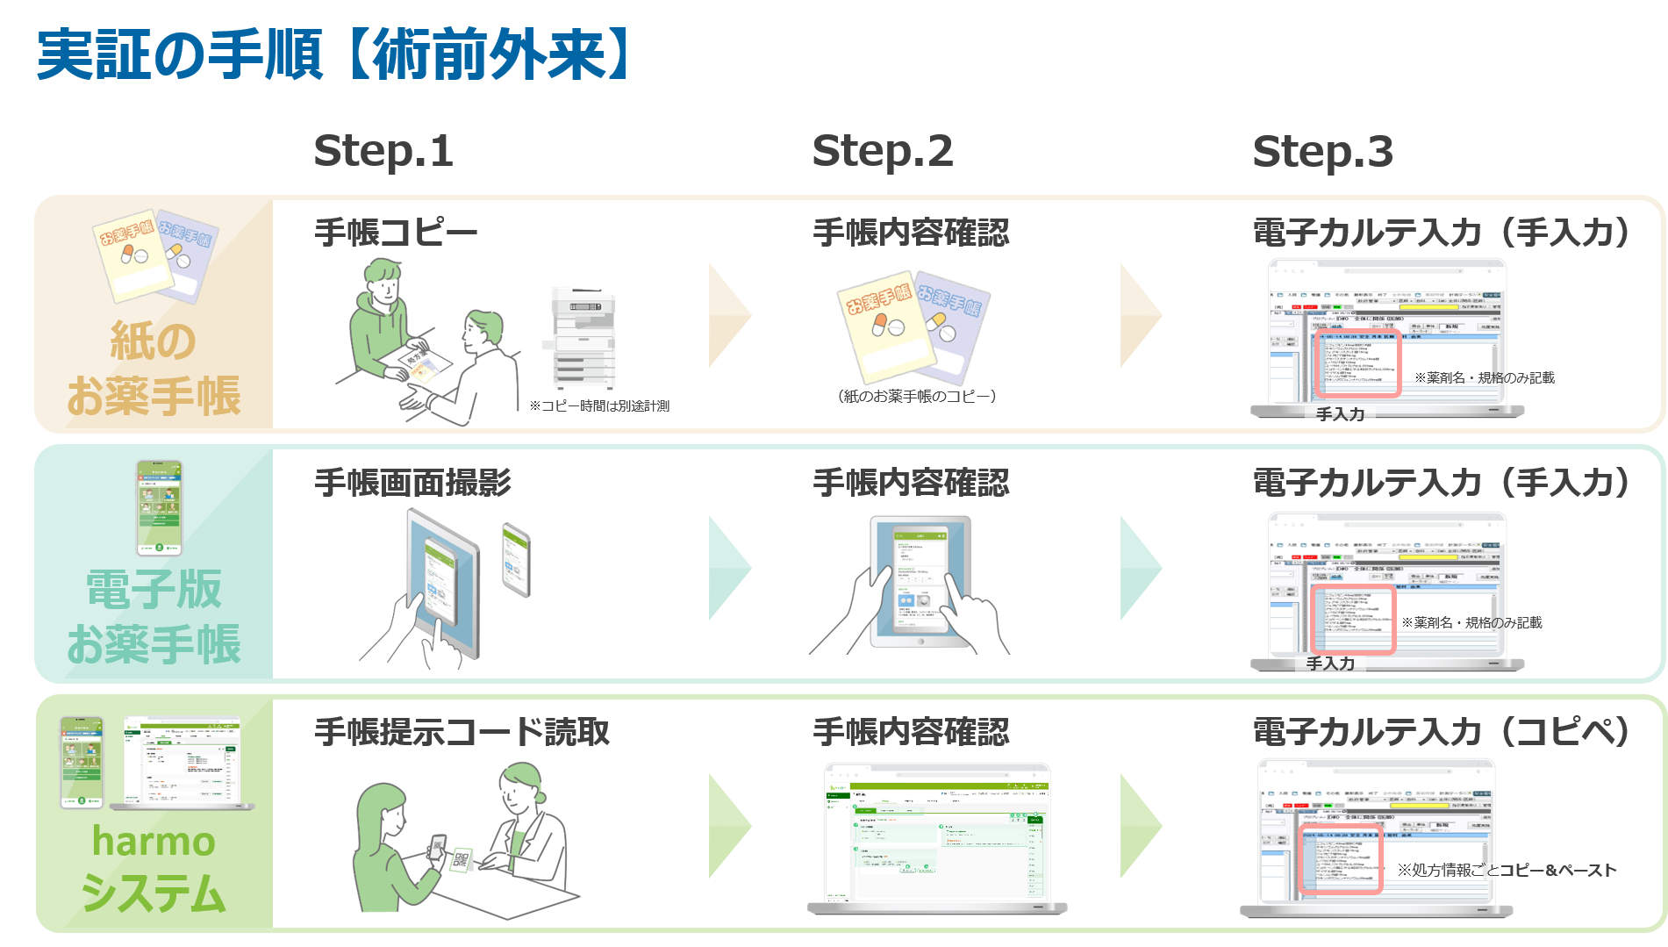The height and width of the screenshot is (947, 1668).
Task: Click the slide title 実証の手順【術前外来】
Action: coord(333,54)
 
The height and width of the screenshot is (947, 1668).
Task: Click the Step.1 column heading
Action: coord(383,151)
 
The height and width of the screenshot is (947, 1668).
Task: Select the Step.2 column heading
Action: coord(882,151)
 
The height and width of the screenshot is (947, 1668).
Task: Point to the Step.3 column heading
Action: coord(1322,151)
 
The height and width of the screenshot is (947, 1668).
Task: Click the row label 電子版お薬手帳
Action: coord(154,616)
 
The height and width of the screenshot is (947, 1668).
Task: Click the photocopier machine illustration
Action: coord(583,338)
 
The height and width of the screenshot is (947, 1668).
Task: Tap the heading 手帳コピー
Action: coord(396,233)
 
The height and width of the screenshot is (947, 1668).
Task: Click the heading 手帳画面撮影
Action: coord(412,483)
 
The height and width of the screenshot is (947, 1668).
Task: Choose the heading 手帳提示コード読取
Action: coord(462,732)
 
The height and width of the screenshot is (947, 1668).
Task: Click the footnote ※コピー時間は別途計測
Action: coord(599,405)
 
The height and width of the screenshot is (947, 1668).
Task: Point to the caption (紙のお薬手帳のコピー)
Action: coord(916,397)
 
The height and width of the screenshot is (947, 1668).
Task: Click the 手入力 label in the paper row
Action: coord(1340,414)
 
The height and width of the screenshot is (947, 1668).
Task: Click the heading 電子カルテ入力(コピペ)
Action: coord(1442,732)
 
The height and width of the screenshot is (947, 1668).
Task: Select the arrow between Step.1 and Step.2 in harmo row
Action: coord(729,825)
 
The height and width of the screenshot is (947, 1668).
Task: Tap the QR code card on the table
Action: coord(462,859)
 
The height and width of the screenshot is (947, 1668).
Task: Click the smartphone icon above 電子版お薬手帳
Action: coord(159,507)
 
